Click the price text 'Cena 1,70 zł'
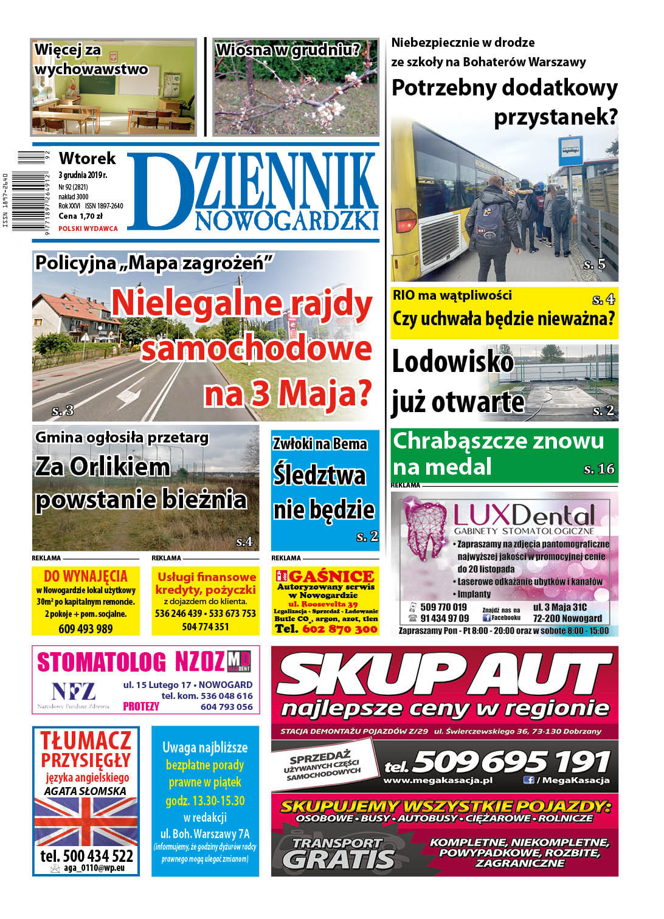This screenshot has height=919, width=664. point(80,216)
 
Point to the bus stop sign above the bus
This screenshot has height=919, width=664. point(570,149)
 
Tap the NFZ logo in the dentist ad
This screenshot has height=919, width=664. point(74,692)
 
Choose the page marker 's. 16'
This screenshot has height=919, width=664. point(599,469)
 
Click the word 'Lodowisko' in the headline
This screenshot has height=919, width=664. point(453,362)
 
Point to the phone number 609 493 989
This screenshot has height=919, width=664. point(86,628)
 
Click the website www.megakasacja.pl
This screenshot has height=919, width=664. point(438,780)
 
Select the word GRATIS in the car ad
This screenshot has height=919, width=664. point(339,859)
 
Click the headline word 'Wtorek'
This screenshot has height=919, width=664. point(87,159)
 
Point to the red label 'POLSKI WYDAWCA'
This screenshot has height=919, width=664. point(88,229)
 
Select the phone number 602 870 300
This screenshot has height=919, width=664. point(340,629)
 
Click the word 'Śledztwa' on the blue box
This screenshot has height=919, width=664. point(319,475)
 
